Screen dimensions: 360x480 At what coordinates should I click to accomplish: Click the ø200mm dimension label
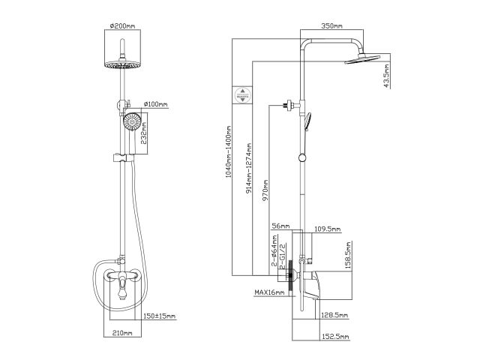click(x=121, y=26)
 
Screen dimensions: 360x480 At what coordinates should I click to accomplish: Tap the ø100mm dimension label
click(x=154, y=103)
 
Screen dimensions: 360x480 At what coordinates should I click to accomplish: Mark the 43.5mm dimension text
click(x=386, y=76)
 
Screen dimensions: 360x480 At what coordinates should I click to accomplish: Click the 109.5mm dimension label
click(x=327, y=229)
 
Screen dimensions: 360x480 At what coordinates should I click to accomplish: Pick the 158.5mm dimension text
click(x=347, y=253)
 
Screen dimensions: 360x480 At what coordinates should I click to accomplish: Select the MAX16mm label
click(x=269, y=292)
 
